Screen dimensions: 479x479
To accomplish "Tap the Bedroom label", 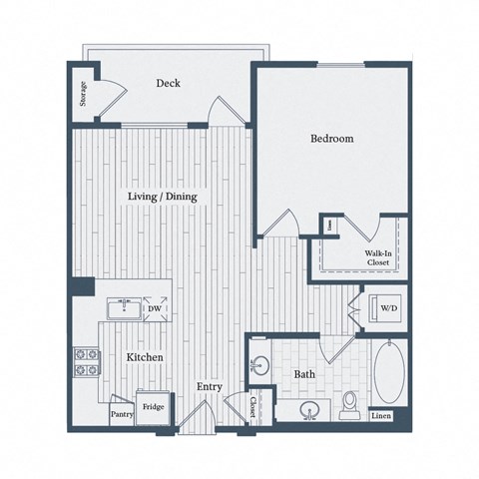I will [331, 139].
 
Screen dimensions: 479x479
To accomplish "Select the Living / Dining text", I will [162, 198].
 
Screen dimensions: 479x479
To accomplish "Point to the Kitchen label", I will [145, 356].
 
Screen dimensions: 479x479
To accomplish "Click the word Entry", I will [209, 387].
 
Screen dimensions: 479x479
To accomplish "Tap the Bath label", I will [304, 375].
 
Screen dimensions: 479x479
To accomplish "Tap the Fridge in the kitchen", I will [153, 407].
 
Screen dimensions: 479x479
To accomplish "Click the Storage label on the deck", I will [84, 93].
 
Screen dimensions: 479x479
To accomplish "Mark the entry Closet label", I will [253, 406].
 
